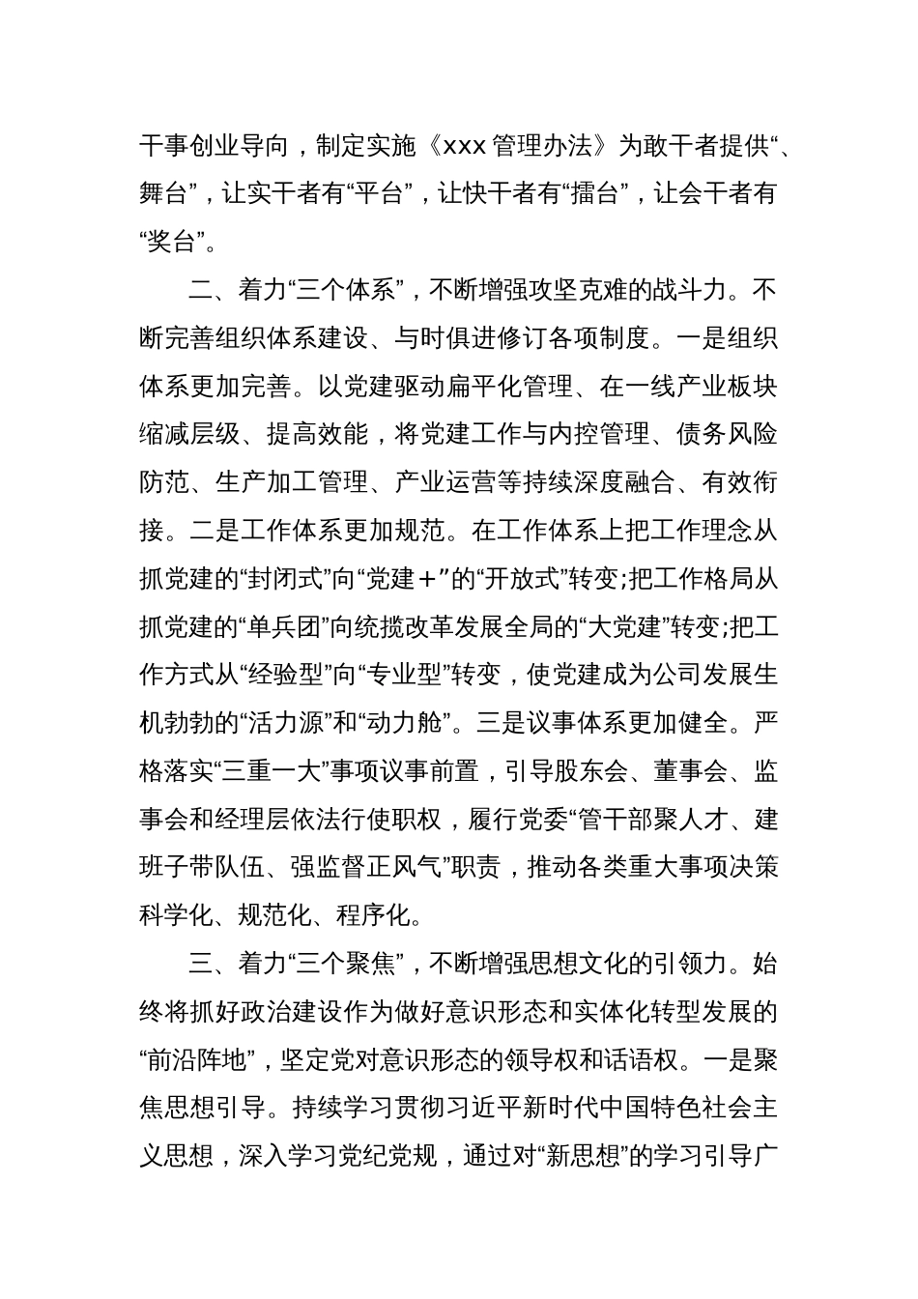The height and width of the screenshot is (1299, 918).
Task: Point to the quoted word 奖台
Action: [x=175, y=242]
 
